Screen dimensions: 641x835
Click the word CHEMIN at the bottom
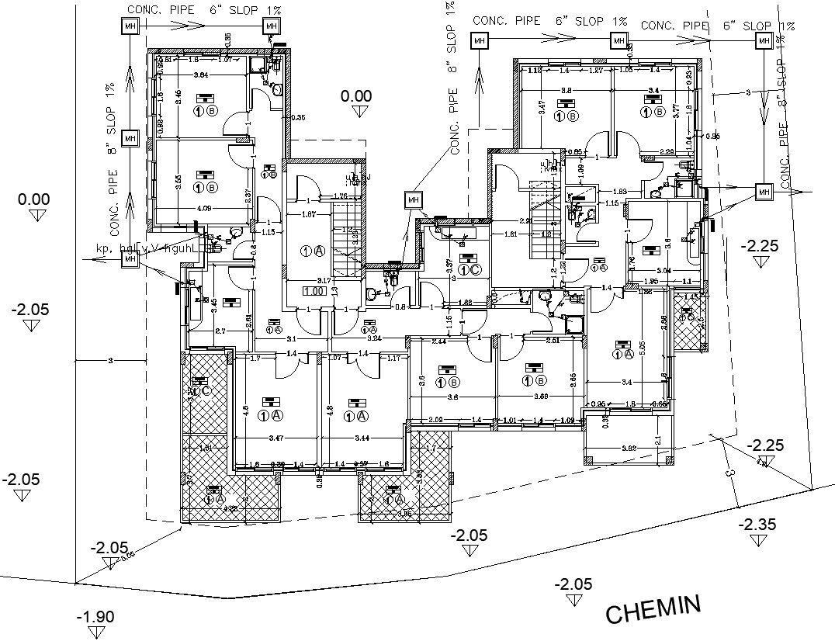(653, 609)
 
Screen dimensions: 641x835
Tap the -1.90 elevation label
(95, 617)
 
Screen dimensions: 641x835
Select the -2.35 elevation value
(757, 525)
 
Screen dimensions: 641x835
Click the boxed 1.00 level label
(314, 291)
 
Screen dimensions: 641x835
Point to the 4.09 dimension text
(204, 208)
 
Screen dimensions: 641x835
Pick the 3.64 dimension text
(200, 75)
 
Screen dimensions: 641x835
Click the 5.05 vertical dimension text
(641, 348)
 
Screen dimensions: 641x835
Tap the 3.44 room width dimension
(362, 439)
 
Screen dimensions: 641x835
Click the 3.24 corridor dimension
(374, 338)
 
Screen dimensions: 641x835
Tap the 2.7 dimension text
(220, 331)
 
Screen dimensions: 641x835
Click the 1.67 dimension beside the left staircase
(308, 214)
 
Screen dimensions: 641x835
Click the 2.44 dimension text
(438, 341)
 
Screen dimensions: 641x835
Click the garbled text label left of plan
(147, 248)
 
